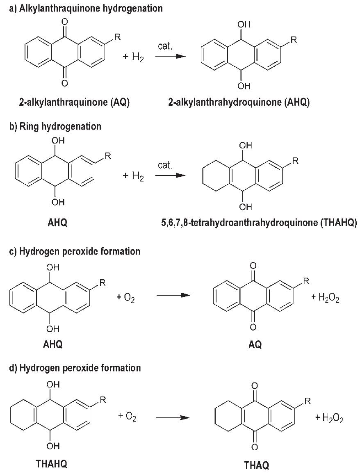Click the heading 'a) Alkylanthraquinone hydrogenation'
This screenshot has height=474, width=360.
point(86,8)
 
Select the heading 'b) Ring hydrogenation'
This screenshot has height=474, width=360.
point(55,126)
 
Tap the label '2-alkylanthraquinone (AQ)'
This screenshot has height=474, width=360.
point(74,103)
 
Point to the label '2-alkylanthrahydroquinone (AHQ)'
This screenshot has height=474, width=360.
point(239,103)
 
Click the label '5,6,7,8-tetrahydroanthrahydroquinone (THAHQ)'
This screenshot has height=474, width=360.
point(259,223)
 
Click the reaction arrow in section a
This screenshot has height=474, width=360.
point(168,57)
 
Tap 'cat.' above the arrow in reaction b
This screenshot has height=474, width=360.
point(165,165)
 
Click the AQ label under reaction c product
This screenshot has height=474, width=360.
point(255,345)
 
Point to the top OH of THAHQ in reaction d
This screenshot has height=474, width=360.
point(53,385)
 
